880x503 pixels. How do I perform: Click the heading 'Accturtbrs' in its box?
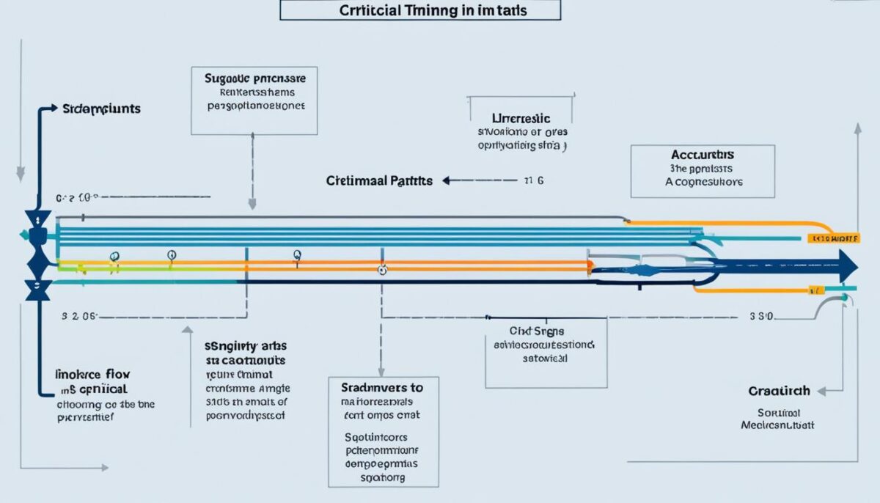click(702, 155)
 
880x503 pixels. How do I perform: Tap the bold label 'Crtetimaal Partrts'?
click(379, 180)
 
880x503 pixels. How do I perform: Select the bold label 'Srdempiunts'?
click(101, 109)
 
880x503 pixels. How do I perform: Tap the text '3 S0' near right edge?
click(763, 317)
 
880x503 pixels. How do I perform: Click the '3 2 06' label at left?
click(79, 317)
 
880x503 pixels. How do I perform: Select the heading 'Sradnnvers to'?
click(382, 386)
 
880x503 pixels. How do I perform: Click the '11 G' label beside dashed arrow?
click(532, 180)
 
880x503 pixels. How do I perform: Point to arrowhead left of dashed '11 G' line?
click(445, 180)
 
